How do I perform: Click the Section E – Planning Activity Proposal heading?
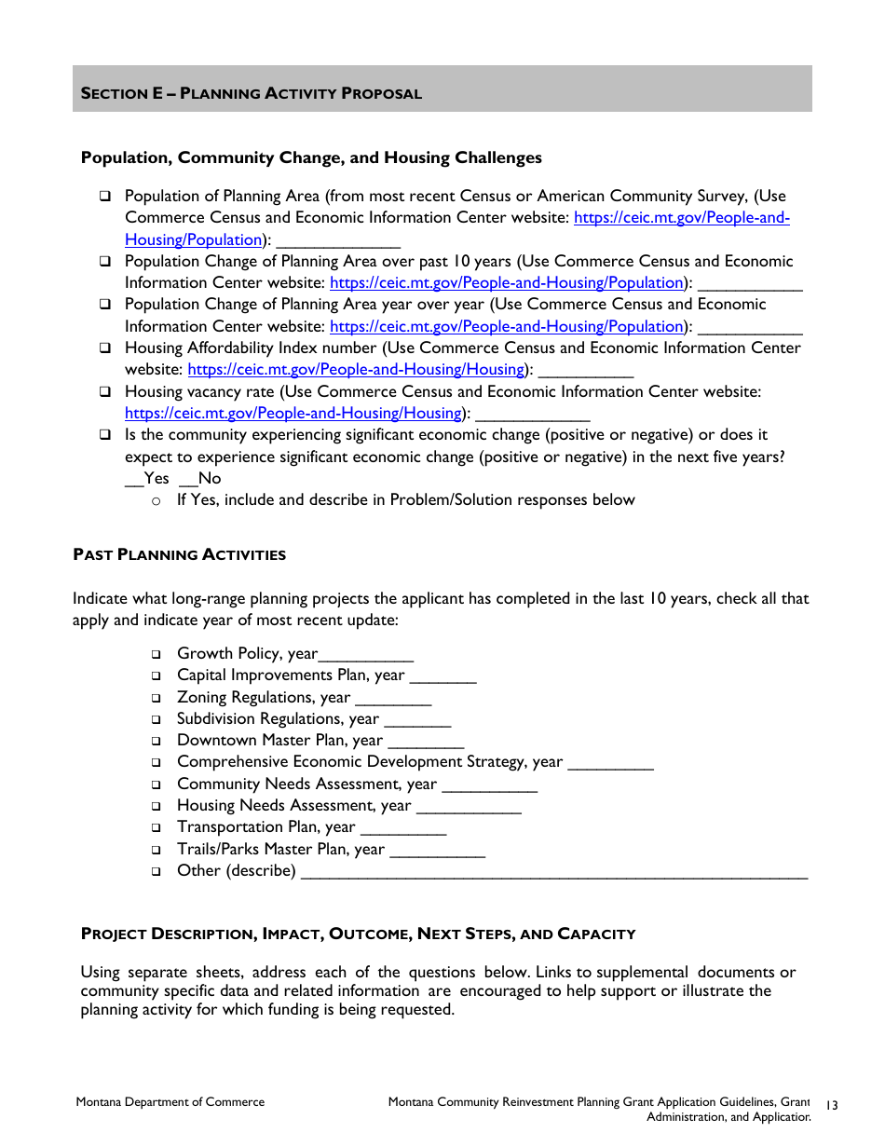pos(252,93)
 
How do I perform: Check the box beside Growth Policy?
pos(157,654)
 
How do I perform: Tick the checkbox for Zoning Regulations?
pos(157,698)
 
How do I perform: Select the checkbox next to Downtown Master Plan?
pos(157,741)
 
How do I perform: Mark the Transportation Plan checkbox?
pos(157,827)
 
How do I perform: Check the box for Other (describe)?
pos(157,871)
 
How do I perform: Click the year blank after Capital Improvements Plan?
pos(442,677)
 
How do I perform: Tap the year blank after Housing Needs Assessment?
pos(468,808)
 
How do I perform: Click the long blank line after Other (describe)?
pos(554,873)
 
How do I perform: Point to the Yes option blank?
pos(134,479)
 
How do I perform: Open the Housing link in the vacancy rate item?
pos(293,413)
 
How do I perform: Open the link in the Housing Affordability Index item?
pos(356,370)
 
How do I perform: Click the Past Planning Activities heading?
pos(180,555)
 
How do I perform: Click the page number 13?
pos(832,1105)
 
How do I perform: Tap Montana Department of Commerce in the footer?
pos(170,1102)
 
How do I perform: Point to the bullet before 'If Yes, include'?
pos(157,501)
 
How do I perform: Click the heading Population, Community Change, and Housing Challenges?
pos(311,157)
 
